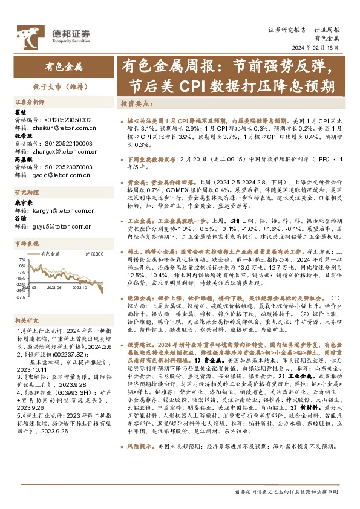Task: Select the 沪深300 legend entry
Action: click(94, 254)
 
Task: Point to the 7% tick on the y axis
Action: click(22, 261)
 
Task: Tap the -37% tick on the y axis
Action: click(21, 297)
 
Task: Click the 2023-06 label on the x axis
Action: click(57, 287)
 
